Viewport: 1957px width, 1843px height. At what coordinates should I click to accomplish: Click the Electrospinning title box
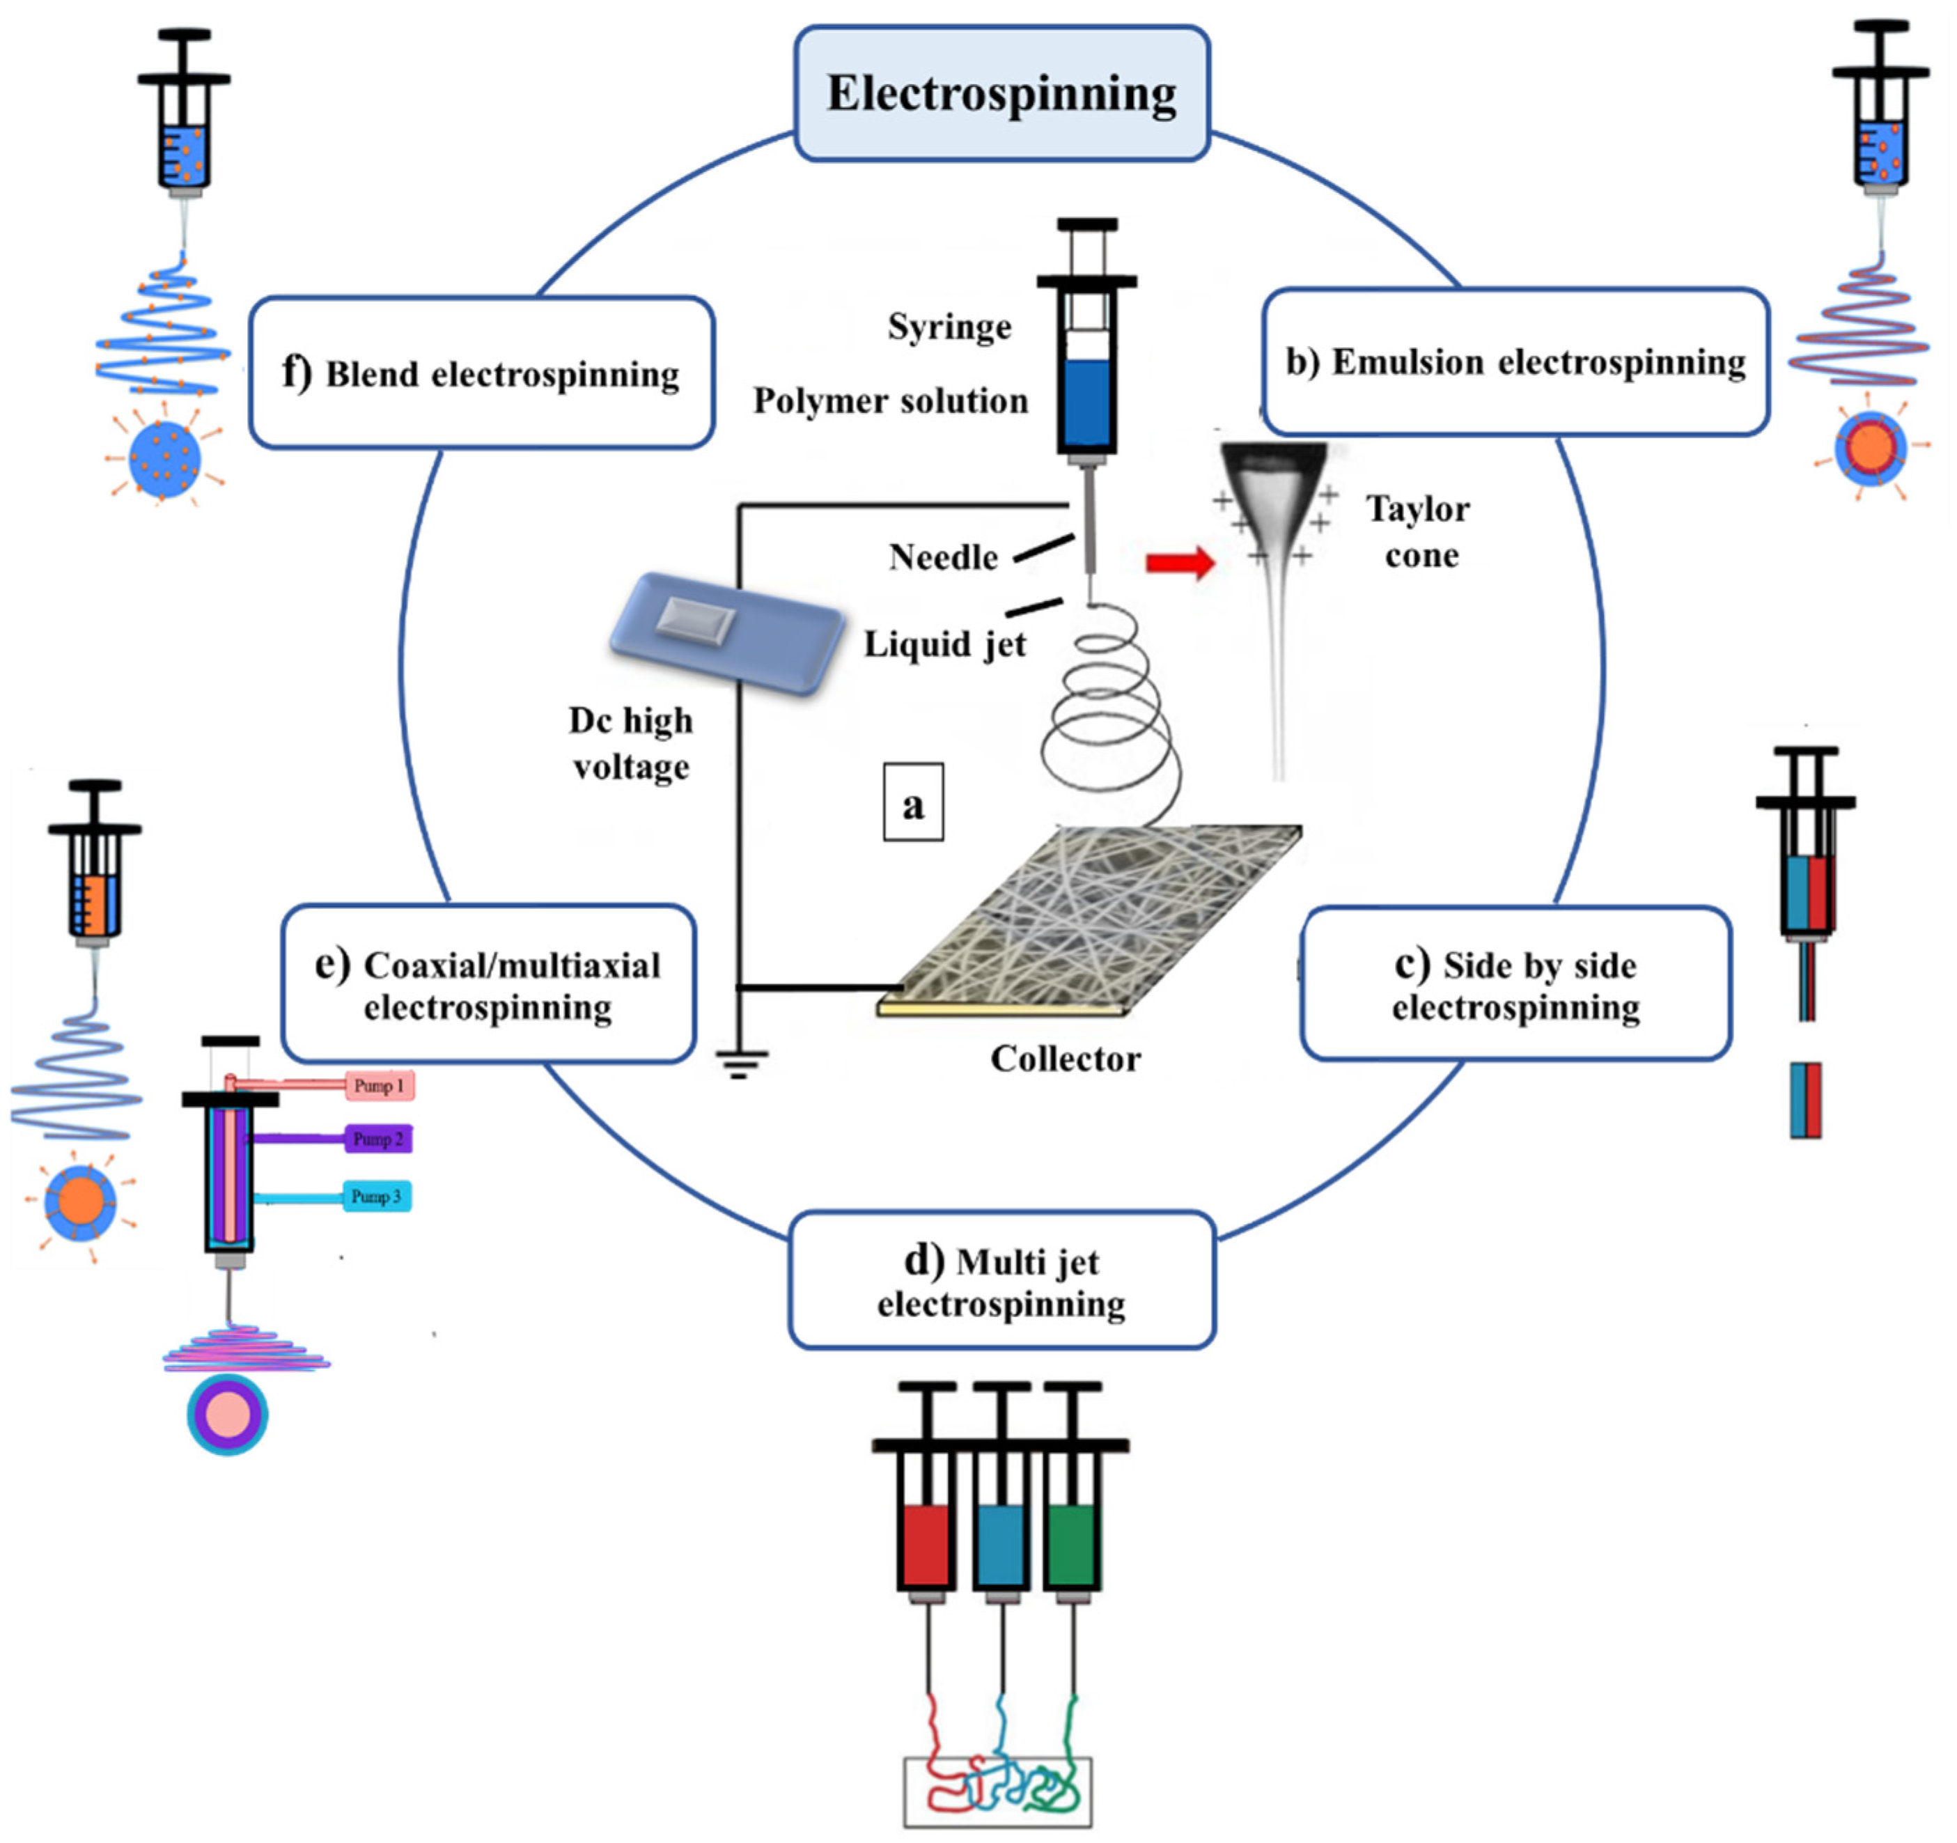(x=1001, y=93)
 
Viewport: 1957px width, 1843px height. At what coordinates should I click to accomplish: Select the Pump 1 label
(x=378, y=1086)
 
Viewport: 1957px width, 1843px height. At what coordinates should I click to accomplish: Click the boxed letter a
(x=912, y=802)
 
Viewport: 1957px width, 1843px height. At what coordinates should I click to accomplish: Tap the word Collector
(x=1065, y=1058)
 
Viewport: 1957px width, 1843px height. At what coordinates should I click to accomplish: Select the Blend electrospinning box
(x=481, y=373)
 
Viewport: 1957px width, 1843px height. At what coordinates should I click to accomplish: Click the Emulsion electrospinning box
(x=1515, y=362)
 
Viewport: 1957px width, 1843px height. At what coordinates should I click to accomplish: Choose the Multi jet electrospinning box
(x=1001, y=1281)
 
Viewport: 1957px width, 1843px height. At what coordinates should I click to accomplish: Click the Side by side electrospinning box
(x=1515, y=984)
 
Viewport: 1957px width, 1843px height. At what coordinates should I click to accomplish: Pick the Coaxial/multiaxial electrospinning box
(x=488, y=984)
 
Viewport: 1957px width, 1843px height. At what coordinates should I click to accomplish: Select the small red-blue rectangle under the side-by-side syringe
(x=1805, y=1100)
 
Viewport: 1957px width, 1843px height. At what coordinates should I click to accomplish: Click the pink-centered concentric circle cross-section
(x=228, y=1415)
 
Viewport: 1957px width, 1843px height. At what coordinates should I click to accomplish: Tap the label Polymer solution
(x=890, y=401)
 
